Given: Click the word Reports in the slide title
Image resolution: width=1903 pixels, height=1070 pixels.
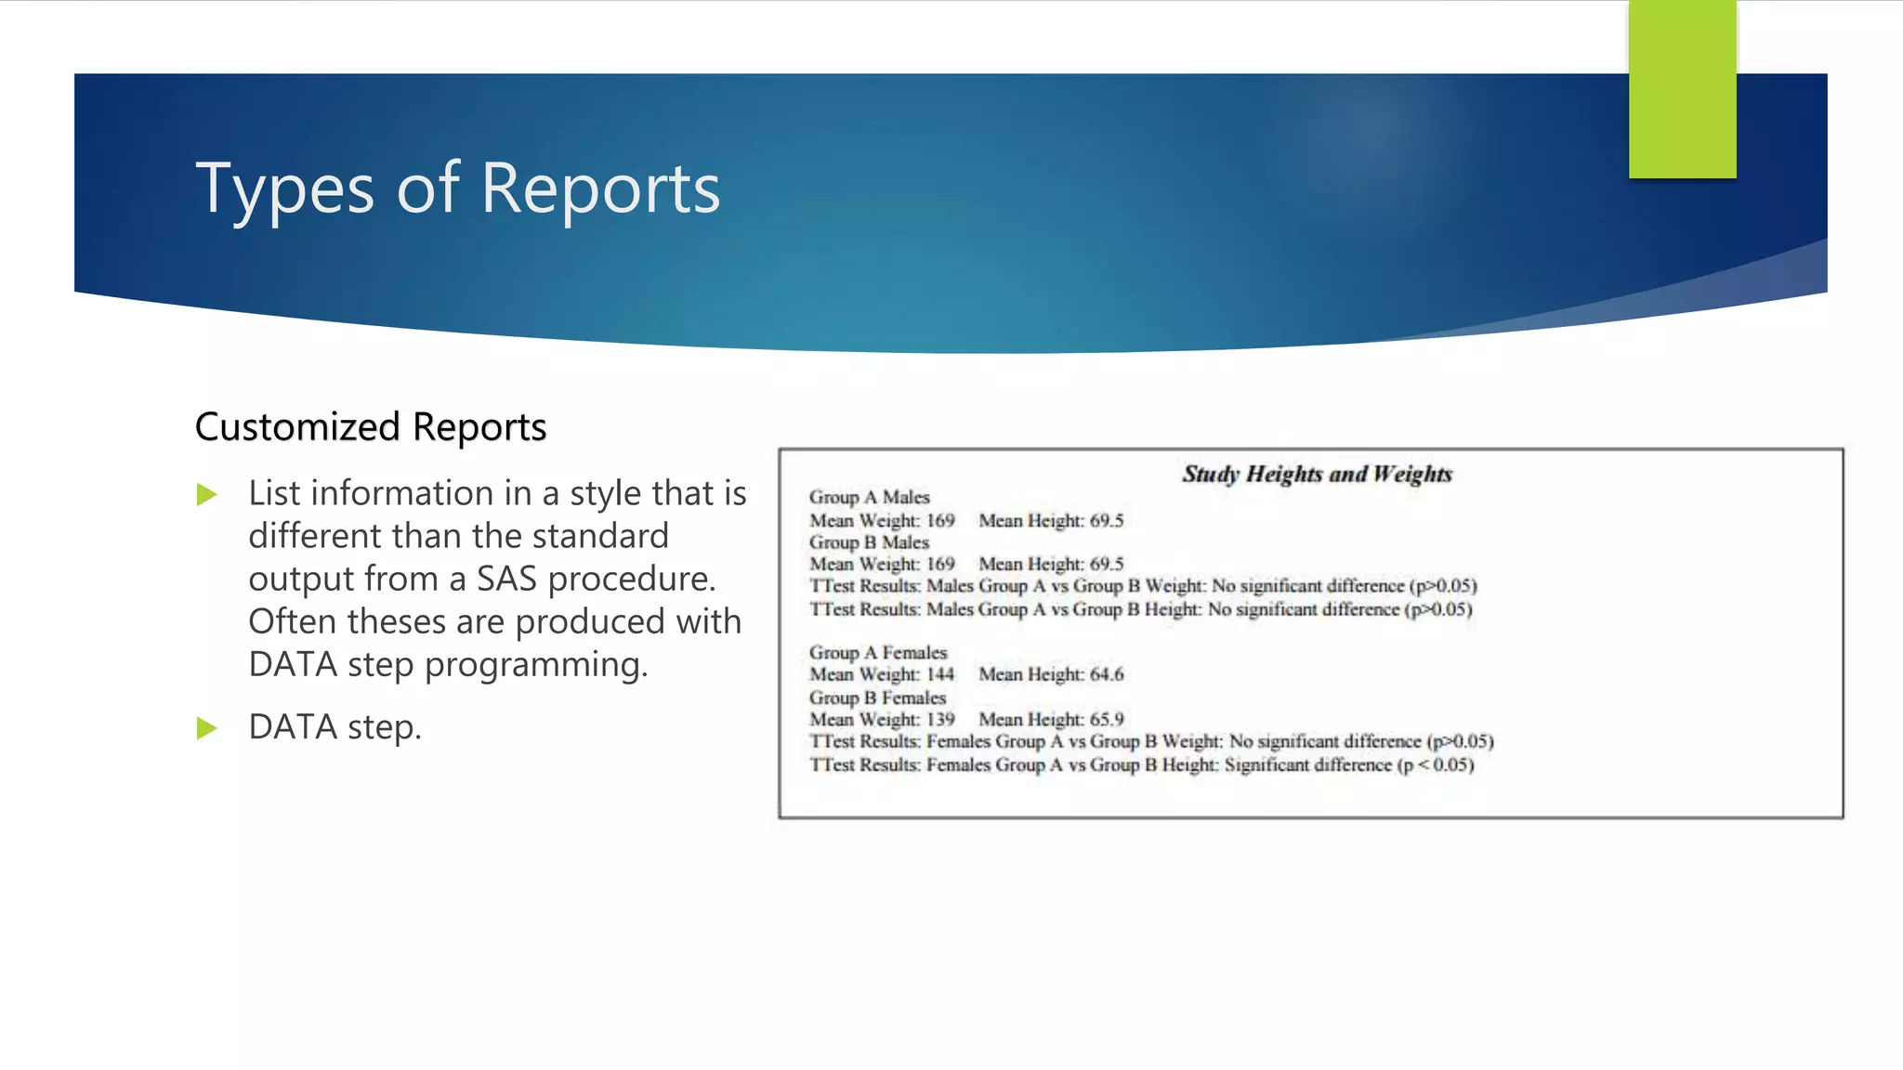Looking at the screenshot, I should (600, 189).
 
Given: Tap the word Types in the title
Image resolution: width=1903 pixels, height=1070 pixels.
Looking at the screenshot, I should (284, 189).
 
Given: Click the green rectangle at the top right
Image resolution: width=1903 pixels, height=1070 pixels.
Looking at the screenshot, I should (1682, 88).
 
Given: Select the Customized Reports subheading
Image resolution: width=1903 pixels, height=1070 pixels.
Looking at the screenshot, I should (370, 427).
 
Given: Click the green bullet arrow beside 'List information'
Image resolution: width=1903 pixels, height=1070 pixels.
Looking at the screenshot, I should (207, 495).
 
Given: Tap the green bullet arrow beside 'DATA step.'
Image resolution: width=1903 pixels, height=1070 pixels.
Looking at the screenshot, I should (207, 729).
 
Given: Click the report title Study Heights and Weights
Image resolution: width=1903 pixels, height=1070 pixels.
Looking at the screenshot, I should (1316, 475).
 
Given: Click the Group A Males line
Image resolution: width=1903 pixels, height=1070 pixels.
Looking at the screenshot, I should (869, 498).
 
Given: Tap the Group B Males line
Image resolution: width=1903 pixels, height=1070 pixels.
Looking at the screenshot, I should (869, 542).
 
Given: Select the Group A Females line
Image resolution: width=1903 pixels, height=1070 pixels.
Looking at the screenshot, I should (877, 653).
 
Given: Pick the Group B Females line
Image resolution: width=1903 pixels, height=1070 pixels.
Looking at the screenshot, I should (877, 698).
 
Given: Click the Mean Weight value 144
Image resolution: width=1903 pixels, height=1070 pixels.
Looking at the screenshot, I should (940, 675).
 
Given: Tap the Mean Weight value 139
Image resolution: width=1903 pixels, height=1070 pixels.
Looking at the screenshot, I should (940, 720).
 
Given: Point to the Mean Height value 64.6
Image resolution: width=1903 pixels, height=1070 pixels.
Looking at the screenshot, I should (1107, 675).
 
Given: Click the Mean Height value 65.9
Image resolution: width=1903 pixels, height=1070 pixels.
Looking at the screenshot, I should (1107, 720).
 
